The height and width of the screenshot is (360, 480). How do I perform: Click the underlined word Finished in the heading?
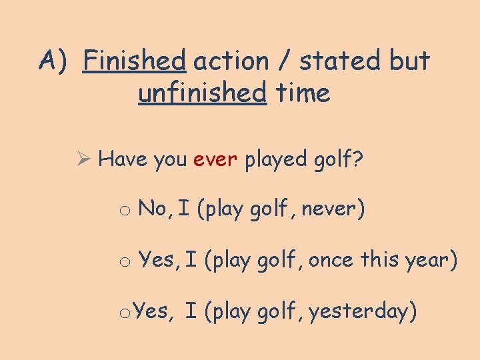pyautogui.click(x=134, y=61)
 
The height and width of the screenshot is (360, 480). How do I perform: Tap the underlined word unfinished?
pyautogui.click(x=202, y=93)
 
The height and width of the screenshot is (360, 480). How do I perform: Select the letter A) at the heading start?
pyautogui.click(x=53, y=61)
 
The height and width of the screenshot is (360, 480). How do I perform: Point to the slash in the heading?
pyautogui.click(x=285, y=62)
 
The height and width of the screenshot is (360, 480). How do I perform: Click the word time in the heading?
pyautogui.click(x=303, y=93)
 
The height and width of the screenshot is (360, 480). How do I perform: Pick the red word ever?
pyautogui.click(x=215, y=160)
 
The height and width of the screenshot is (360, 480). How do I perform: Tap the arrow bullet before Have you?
pyautogui.click(x=83, y=160)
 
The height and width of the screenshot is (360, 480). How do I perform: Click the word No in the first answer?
pyautogui.click(x=153, y=209)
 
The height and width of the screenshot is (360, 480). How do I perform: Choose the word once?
pyautogui.click(x=331, y=260)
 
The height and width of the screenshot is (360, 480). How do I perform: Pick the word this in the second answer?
pyautogui.click(x=381, y=260)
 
